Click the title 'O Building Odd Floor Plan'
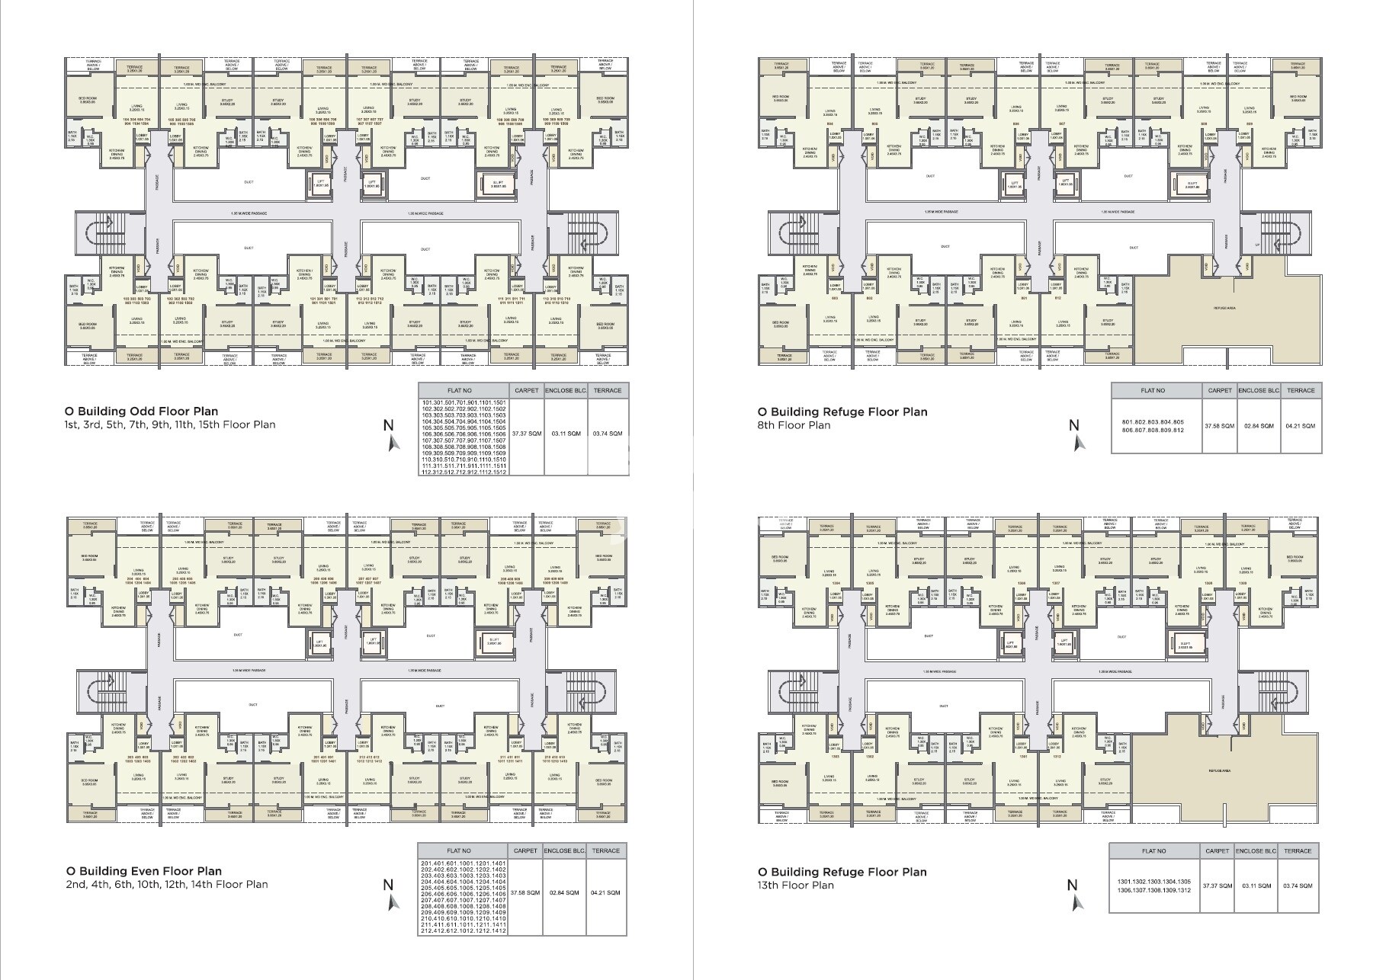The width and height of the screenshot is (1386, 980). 141,412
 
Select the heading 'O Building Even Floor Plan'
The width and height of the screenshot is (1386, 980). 143,871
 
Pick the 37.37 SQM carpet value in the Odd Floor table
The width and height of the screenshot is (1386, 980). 526,434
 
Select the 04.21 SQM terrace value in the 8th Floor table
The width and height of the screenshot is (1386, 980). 1301,426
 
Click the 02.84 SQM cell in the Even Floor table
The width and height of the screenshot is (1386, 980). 563,892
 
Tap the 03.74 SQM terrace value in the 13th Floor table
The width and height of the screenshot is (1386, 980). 1298,886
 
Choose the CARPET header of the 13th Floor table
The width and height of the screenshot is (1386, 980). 1217,851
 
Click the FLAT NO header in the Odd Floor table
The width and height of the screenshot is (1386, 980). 463,390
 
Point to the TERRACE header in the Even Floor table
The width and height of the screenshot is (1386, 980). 606,850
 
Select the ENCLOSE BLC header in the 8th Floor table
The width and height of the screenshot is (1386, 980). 1258,390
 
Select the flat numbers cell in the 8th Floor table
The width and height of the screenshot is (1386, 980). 1152,426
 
